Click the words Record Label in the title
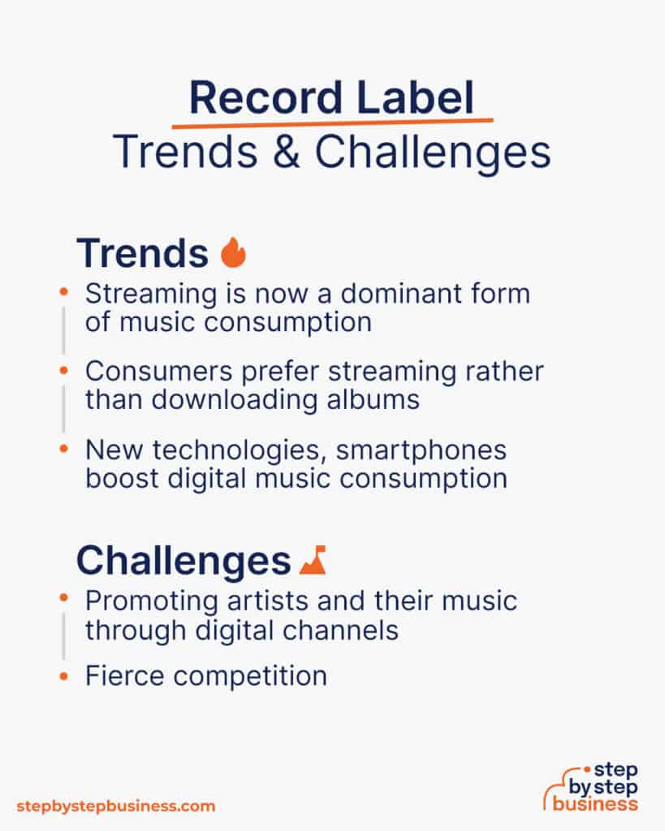[x=331, y=99]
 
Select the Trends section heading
[x=143, y=254]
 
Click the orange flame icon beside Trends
[x=233, y=252]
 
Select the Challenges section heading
[x=184, y=560]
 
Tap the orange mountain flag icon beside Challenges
[x=313, y=560]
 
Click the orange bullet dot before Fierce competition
[x=63, y=675]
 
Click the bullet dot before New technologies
[x=63, y=449]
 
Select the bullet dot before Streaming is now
[x=63, y=293]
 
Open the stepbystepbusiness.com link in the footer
[x=116, y=806]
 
